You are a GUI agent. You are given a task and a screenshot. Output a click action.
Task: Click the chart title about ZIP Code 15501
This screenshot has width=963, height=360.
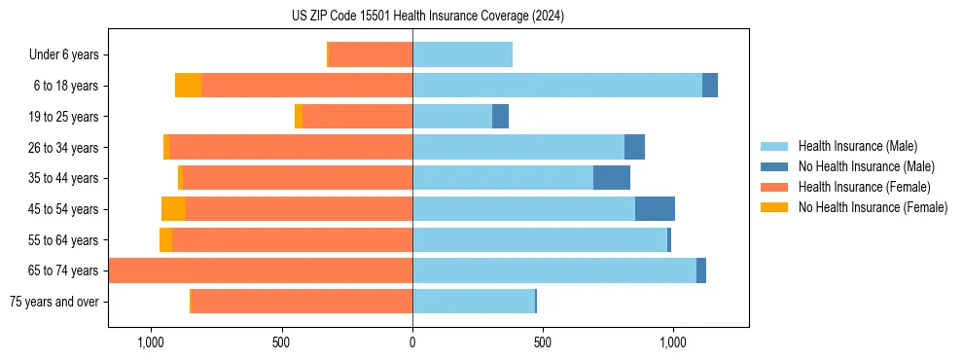coord(428,16)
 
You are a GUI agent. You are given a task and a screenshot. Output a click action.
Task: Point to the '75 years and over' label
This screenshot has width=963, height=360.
coord(54,302)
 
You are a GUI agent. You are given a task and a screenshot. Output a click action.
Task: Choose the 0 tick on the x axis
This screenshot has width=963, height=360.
coord(412,342)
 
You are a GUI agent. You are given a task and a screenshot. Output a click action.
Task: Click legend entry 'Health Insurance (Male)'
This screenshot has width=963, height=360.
coord(857,146)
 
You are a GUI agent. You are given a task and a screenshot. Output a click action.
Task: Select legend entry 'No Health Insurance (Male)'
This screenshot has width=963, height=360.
coord(866,166)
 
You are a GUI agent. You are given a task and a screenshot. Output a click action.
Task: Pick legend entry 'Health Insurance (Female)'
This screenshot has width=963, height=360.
coord(864,187)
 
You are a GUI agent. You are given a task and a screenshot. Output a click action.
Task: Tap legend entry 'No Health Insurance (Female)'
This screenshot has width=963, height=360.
coord(873,207)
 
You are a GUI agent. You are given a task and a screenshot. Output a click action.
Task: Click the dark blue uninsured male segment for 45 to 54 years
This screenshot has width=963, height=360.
coord(655,209)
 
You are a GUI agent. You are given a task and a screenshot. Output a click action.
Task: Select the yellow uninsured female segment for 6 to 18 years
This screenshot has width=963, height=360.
coord(188,86)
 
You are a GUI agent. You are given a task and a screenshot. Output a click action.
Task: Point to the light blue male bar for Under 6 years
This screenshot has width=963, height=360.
coord(462,55)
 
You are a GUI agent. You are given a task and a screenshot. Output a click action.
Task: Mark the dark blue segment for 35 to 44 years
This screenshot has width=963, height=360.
coord(611,178)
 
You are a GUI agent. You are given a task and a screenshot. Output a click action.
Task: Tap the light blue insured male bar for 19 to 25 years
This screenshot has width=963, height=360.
coord(452,117)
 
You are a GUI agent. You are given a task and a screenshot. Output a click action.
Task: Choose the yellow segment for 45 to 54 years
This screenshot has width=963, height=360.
coord(173,209)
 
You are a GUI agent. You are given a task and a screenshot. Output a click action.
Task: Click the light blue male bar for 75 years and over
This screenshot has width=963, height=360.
coord(474,302)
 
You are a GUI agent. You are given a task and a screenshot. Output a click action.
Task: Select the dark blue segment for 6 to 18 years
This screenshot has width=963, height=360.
coord(710,86)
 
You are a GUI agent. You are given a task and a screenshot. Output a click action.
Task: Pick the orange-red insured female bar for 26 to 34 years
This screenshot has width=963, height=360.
coord(291,148)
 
